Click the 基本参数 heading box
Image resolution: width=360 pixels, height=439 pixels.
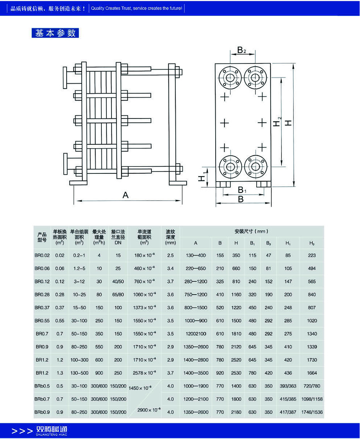55,33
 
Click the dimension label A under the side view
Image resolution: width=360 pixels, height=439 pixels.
125,195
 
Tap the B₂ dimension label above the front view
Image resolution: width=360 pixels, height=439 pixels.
242,50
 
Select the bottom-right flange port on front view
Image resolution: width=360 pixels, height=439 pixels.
255,166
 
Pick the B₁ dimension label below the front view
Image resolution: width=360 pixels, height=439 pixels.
242,190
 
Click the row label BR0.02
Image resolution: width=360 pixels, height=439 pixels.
42,256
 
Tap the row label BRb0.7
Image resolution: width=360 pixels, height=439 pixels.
42,399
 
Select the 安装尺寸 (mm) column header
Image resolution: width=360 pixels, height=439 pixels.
251,232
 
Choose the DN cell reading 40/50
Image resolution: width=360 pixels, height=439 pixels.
118,281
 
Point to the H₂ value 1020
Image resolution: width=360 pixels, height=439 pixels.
312,321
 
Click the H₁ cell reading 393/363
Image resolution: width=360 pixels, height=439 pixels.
288,386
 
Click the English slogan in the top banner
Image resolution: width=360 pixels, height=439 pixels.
136,8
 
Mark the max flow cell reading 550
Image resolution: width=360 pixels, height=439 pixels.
99,347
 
